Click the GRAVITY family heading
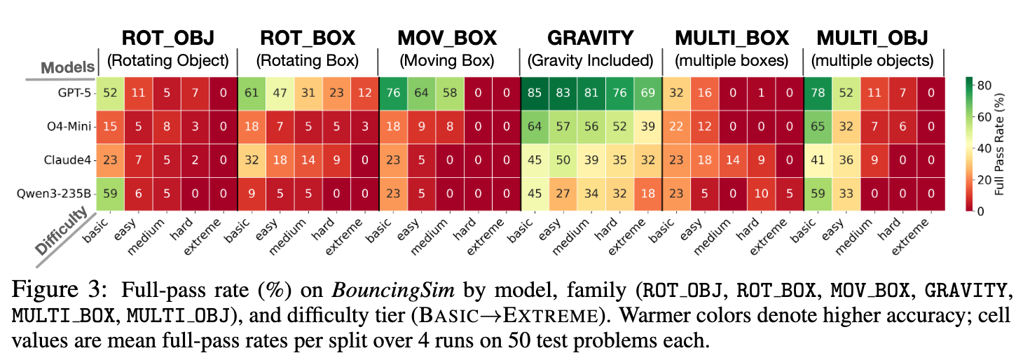[x=590, y=38]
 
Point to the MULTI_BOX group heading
[x=732, y=38]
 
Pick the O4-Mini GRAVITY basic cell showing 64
[x=534, y=126]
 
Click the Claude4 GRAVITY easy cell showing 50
[x=562, y=160]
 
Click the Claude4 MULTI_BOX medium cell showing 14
[x=732, y=160]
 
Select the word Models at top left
[x=67, y=67]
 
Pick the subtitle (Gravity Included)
[x=590, y=60]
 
